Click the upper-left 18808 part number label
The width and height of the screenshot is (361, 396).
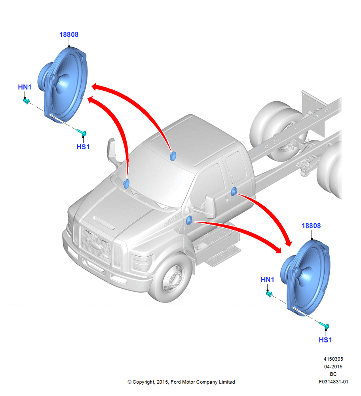pos(68,34)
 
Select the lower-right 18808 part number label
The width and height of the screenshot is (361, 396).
pos(311,226)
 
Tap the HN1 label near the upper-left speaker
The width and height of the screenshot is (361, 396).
pos(25,87)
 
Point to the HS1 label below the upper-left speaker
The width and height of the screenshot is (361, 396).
pos(83,147)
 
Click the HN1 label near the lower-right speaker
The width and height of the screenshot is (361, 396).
pos(267,280)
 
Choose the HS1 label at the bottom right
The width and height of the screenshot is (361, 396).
pos(325,340)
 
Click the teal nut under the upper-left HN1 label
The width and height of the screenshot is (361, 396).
pos(26,101)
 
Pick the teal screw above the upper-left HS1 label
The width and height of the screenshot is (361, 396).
pos(82,132)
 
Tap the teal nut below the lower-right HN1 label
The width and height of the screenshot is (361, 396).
pos(269,294)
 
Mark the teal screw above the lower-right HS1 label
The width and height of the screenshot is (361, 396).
pos(324,325)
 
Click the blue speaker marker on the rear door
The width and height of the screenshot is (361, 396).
pos(234,191)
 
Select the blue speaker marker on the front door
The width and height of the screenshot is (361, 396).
pos(189,220)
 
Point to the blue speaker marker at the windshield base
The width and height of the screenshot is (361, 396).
pos(126,184)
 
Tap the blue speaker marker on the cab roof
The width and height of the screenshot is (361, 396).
pos(173,156)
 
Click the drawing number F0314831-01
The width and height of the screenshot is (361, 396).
pos(333,382)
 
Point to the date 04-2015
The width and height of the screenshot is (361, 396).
pos(333,366)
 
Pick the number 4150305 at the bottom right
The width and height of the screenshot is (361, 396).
pos(333,359)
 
